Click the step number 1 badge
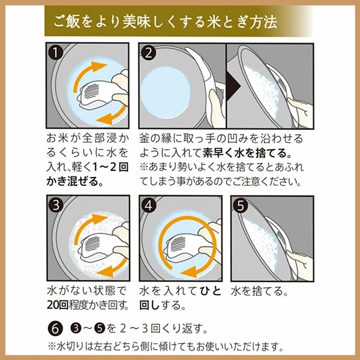(x=56, y=53)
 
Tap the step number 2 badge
(x=148, y=53)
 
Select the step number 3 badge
(x=56, y=205)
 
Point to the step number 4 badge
(x=148, y=205)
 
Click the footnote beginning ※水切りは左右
(x=164, y=346)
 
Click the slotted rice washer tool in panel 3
(x=96, y=247)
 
